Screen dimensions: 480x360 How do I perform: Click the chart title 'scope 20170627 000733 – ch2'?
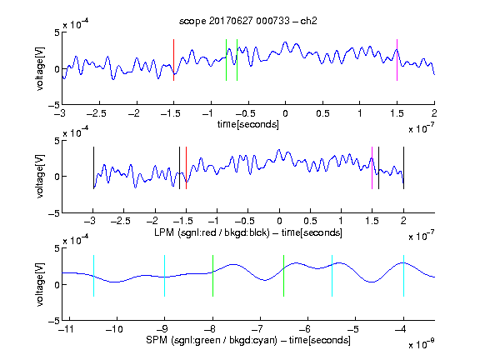[248, 21]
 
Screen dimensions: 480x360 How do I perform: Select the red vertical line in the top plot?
[173, 60]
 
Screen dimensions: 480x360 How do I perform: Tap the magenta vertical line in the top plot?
[397, 60]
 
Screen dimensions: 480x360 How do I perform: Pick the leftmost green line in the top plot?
[226, 60]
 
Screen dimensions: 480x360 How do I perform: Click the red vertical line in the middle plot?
[186, 168]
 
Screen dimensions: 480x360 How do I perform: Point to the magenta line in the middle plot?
[372, 168]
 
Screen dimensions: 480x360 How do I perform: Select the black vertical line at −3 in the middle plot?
[93, 168]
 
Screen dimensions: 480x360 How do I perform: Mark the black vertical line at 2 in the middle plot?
[403, 168]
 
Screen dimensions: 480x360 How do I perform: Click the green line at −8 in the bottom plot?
[212, 276]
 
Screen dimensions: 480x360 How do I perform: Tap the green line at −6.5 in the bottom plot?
[284, 276]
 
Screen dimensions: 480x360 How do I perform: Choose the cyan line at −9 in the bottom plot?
[164, 276]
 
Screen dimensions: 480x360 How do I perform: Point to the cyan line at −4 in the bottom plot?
[403, 276]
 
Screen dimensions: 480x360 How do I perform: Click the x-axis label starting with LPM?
[248, 232]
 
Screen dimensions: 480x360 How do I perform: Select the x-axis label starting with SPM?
[248, 340]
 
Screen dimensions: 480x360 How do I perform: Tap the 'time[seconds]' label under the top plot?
[248, 125]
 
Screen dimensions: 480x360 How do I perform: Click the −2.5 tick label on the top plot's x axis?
[97, 113]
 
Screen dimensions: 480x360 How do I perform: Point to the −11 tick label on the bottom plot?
[67, 329]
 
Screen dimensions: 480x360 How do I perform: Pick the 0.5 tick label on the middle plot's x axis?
[310, 221]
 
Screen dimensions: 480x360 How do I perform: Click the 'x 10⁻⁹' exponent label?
[422, 345]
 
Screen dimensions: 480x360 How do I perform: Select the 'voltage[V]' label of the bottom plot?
[40, 284]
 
